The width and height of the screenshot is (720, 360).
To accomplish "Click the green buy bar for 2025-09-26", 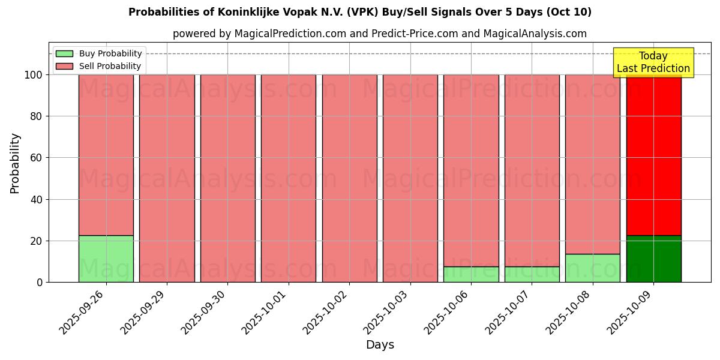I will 106,259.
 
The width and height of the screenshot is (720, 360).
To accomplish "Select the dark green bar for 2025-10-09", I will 653,259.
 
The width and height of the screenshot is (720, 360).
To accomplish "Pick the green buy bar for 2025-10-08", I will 593,268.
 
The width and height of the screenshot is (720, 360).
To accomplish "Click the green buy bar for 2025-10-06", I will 471,274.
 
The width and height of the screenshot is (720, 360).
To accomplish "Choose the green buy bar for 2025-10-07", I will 532,274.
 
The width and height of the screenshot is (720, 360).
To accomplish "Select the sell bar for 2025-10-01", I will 289,178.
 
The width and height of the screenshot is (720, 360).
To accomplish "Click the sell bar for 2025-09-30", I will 228,178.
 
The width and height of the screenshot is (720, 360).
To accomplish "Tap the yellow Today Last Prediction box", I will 653,62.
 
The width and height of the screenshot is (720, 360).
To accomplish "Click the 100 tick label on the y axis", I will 33,75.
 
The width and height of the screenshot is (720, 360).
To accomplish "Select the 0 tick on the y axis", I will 39,283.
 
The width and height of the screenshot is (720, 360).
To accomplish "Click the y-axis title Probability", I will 15,163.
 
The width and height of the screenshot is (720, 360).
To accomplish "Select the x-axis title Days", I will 380,345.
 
